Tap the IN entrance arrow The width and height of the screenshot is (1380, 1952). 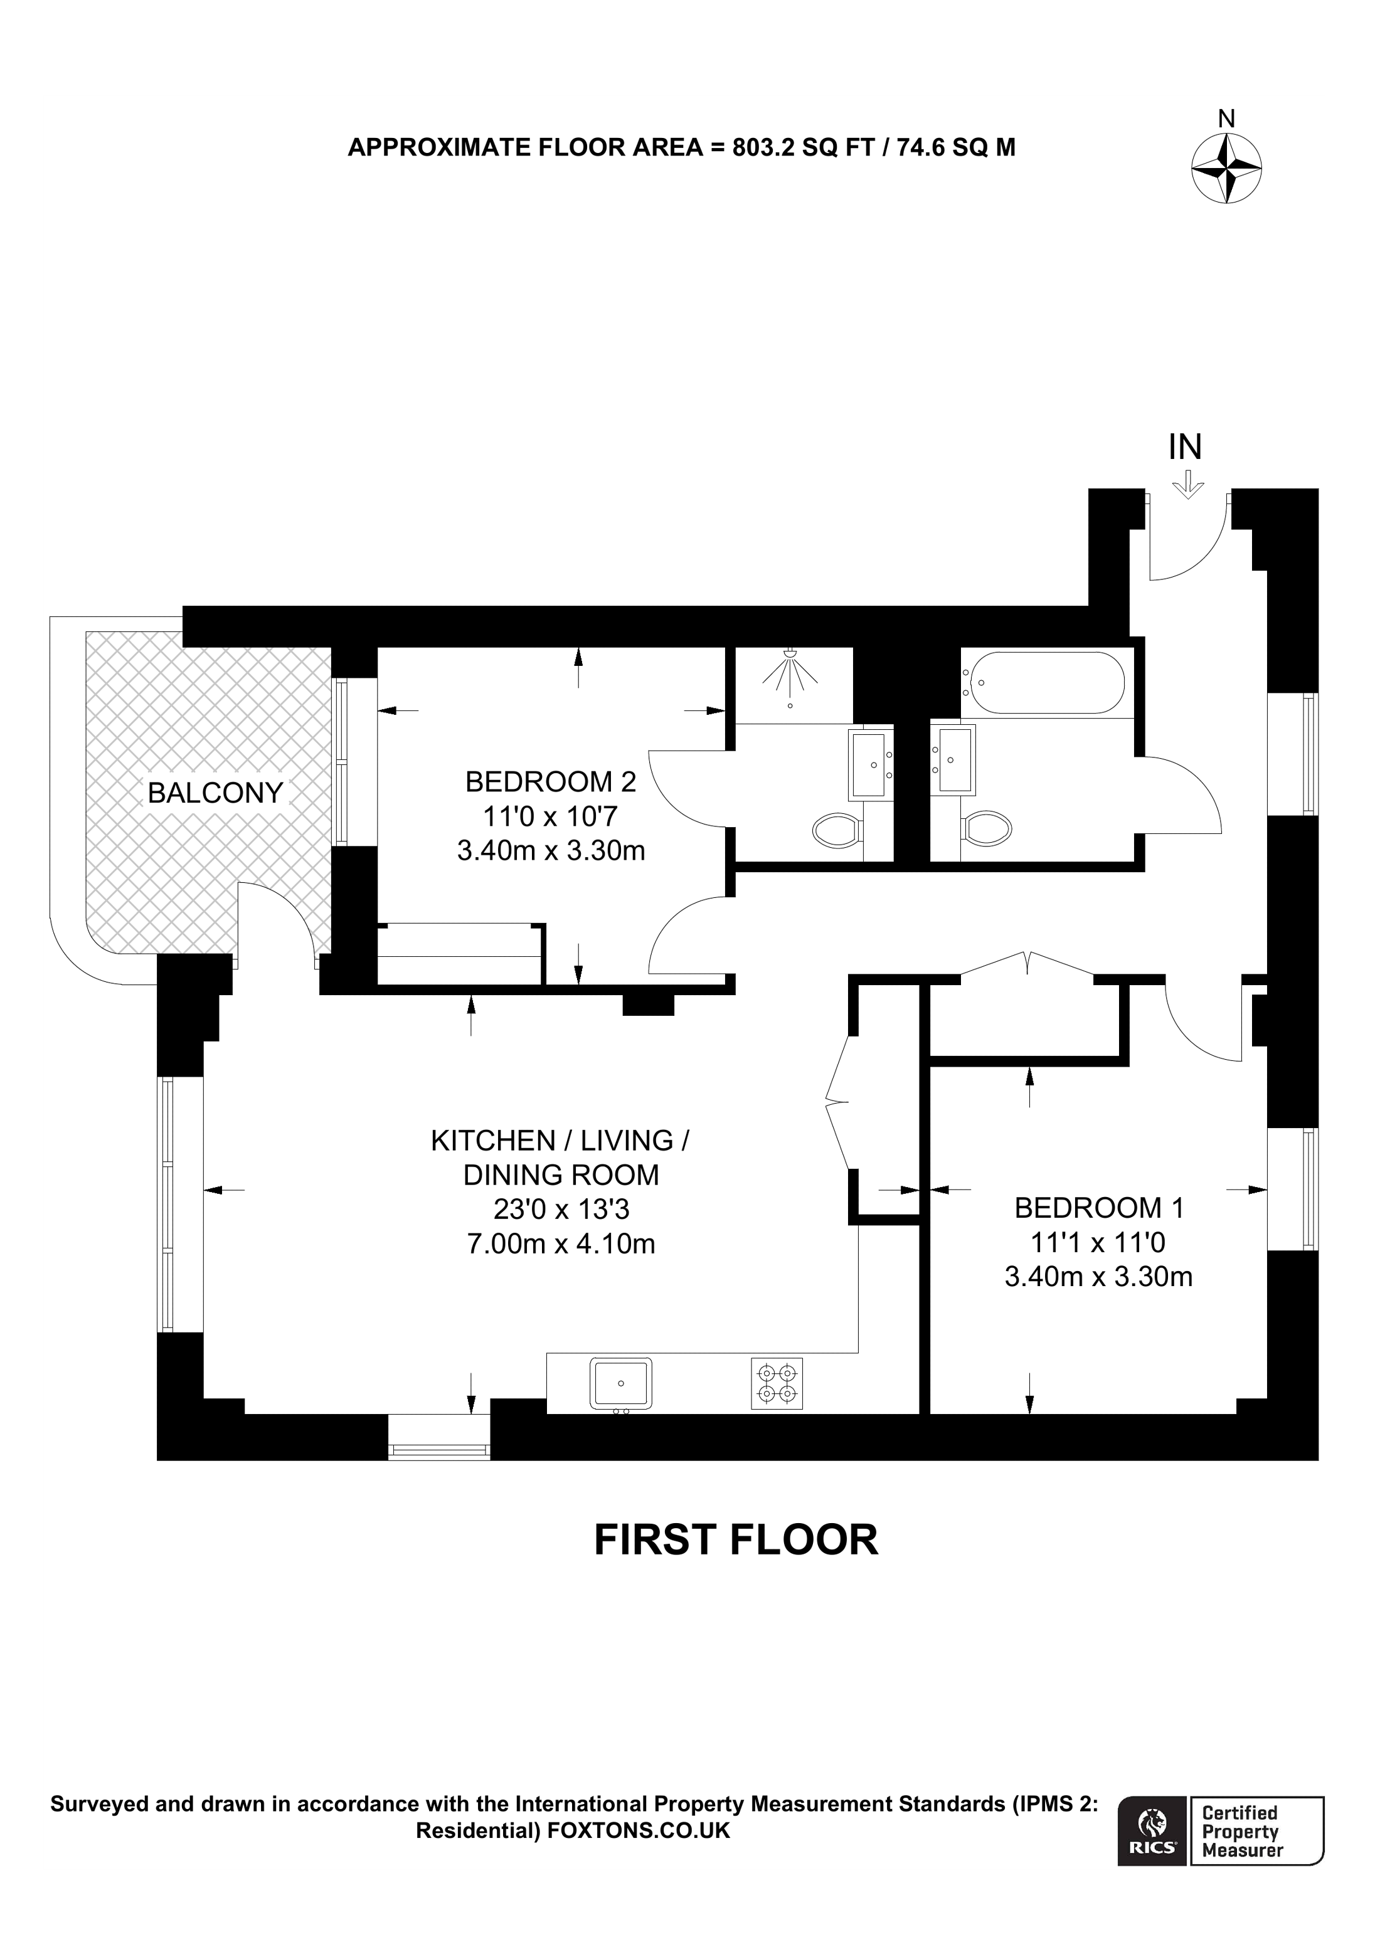click(x=1187, y=487)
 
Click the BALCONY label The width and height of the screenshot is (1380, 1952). click(x=215, y=793)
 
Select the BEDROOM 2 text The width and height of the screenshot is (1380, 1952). click(x=550, y=781)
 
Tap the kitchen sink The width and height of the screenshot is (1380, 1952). click(x=622, y=1383)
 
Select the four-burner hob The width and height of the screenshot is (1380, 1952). click(x=777, y=1383)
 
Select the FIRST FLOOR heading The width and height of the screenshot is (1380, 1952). click(x=736, y=1539)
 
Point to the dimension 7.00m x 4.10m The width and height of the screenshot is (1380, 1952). click(x=561, y=1244)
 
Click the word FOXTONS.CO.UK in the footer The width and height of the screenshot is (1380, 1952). click(x=639, y=1830)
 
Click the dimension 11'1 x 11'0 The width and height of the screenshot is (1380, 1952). click(x=1098, y=1243)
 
